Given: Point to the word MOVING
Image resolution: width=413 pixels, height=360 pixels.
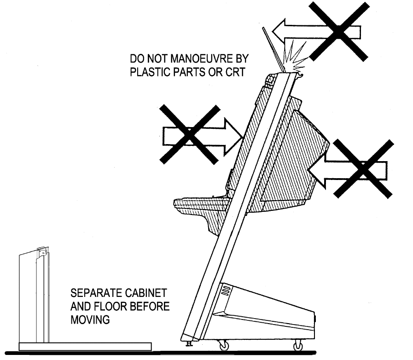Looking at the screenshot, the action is click(90, 319).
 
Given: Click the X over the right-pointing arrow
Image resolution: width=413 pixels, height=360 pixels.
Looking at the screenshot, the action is click(189, 134).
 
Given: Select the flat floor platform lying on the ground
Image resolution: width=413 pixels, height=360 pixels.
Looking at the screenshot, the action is click(85, 346).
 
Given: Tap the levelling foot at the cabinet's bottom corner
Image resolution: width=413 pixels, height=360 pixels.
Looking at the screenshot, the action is click(188, 343).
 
